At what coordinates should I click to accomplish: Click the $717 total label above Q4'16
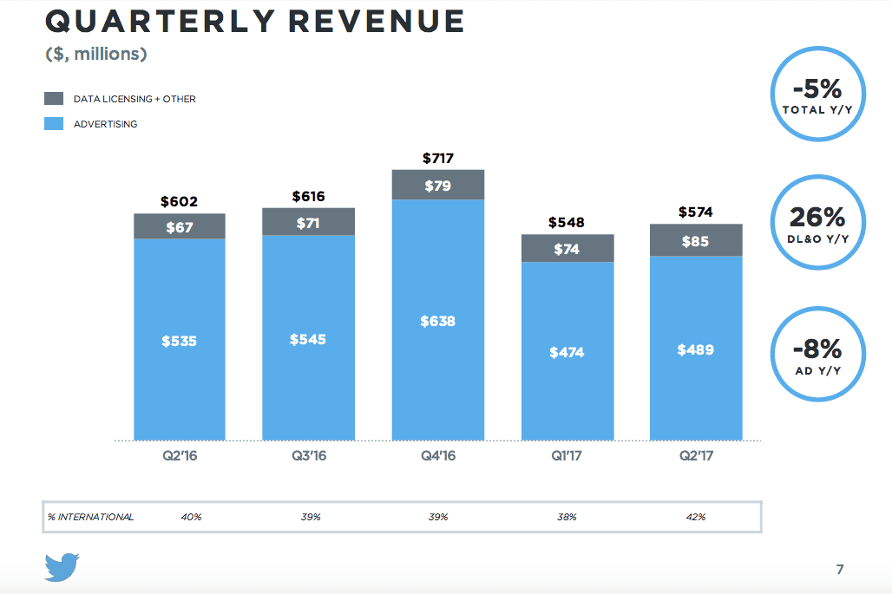(438, 158)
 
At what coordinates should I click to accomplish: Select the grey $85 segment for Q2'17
(696, 240)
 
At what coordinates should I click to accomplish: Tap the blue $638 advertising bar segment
(438, 321)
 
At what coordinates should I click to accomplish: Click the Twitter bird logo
(62, 566)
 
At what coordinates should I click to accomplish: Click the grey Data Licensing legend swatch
(54, 99)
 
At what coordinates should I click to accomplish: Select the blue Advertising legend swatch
(54, 124)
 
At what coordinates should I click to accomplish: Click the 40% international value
(191, 517)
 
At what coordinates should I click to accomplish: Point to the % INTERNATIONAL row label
(91, 517)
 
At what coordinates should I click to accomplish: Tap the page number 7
(840, 569)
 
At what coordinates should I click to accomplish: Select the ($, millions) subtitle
(96, 55)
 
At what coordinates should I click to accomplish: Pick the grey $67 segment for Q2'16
(180, 226)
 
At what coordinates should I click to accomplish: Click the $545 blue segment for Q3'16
(308, 339)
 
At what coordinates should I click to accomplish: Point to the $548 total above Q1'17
(567, 222)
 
